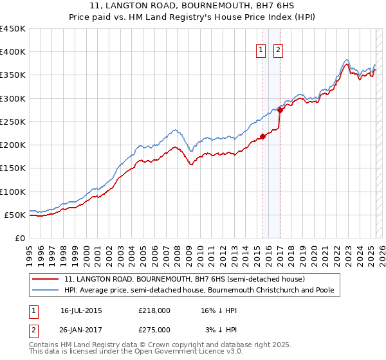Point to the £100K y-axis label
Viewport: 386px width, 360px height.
pos(13,192)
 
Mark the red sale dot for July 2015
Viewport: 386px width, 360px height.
pos(262,136)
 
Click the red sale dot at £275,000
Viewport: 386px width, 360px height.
pos(280,110)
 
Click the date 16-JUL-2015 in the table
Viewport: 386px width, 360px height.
pos(81,310)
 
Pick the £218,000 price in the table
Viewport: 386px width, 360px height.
pos(154,310)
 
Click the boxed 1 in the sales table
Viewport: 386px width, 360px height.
pos(33,310)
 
